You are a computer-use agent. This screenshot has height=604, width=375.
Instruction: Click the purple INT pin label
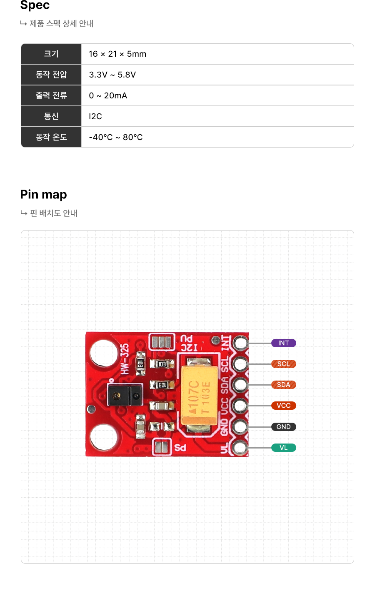tap(283, 343)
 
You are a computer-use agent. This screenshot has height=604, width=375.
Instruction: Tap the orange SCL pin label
tap(283, 364)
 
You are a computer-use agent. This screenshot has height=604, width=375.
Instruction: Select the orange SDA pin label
tap(283, 385)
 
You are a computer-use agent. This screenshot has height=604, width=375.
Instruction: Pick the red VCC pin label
tap(283, 406)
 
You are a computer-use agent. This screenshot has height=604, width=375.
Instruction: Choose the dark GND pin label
tap(283, 427)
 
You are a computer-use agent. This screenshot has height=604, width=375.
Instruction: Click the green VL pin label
tap(283, 448)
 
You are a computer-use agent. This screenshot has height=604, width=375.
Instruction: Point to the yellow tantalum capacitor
tap(200, 395)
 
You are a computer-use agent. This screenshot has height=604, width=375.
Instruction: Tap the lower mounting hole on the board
tap(103, 437)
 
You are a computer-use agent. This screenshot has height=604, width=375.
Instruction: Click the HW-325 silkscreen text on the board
tap(124, 358)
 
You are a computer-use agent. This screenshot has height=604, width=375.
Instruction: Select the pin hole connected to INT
tap(240, 343)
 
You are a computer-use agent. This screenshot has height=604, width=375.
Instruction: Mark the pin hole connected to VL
tap(240, 448)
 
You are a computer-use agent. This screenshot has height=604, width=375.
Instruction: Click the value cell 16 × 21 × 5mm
tap(117, 54)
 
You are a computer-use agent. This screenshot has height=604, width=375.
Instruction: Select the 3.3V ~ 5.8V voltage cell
tap(112, 75)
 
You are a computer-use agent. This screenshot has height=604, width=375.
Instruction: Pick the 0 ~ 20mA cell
tap(108, 96)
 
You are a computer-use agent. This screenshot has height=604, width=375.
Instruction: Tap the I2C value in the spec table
tap(95, 117)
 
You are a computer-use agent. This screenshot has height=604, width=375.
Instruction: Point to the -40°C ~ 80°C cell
tap(116, 138)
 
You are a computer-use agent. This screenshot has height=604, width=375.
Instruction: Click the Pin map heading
tap(44, 195)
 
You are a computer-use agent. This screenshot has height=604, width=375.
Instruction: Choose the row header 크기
tap(51, 54)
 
